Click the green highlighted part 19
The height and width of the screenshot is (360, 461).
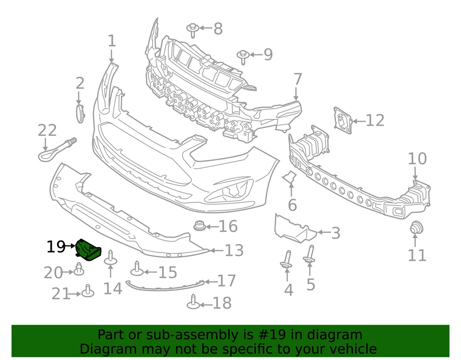[x=88, y=249]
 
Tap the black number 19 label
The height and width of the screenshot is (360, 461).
[x=56, y=247]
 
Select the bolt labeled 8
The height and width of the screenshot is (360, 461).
[x=192, y=30]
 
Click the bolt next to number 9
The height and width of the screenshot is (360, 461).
[x=243, y=57]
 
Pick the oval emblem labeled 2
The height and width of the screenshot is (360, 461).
[x=80, y=113]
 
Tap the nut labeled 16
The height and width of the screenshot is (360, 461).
[x=199, y=226]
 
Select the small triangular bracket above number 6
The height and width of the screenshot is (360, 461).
[x=290, y=177]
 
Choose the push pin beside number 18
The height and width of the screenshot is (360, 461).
[x=194, y=302]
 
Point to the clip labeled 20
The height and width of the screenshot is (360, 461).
[x=79, y=268]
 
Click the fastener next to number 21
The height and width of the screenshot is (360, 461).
[x=88, y=291]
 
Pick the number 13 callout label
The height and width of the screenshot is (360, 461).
[x=234, y=250]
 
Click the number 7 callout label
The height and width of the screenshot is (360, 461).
[x=297, y=80]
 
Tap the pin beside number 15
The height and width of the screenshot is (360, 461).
[x=137, y=269]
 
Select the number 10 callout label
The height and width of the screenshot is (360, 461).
[x=417, y=159]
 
